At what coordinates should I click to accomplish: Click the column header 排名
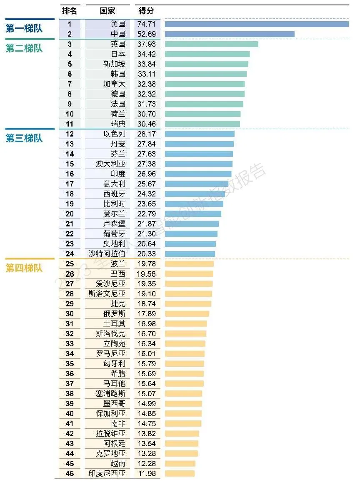pyautogui.click(x=70, y=11)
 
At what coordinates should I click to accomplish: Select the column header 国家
pyautogui.click(x=107, y=11)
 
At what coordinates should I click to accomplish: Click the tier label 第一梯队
pyautogui.click(x=24, y=29)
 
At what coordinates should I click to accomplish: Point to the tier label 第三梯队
pyautogui.click(x=24, y=138)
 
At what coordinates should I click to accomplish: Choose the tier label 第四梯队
pyautogui.click(x=24, y=268)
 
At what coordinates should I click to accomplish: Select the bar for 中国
pyautogui.click(x=230, y=34)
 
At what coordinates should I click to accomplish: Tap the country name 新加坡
pyautogui.click(x=114, y=64)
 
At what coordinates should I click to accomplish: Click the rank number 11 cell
pyautogui.click(x=70, y=124)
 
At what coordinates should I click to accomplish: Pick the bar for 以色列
pyautogui.click(x=200, y=134)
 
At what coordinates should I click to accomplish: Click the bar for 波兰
pyautogui.click(x=189, y=264)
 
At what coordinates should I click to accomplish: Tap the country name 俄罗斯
pyautogui.click(x=114, y=314)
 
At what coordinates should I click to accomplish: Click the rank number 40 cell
pyautogui.click(x=70, y=414)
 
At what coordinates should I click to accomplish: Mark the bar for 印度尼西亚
pyautogui.click(x=180, y=474)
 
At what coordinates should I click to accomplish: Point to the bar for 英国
pyautogui.click(x=211, y=44)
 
